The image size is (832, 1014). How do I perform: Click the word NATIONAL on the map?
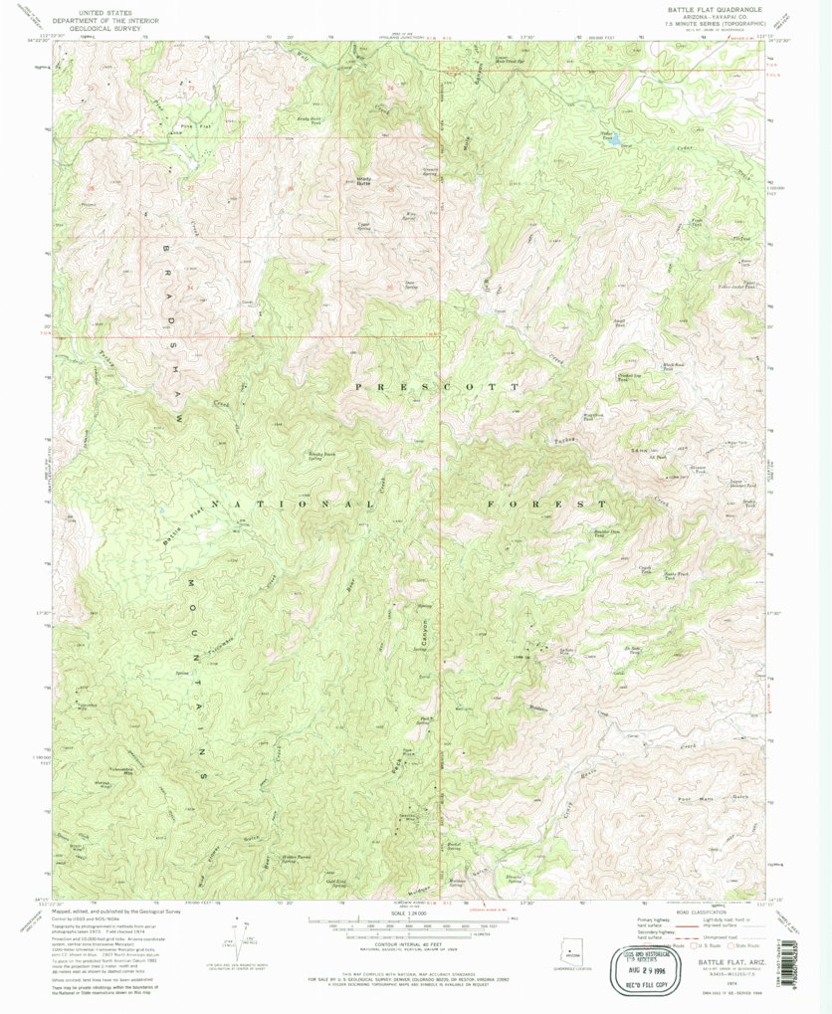(296, 506)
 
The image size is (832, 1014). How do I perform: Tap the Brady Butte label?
(342, 181)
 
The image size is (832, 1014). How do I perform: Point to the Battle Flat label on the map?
(183, 525)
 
